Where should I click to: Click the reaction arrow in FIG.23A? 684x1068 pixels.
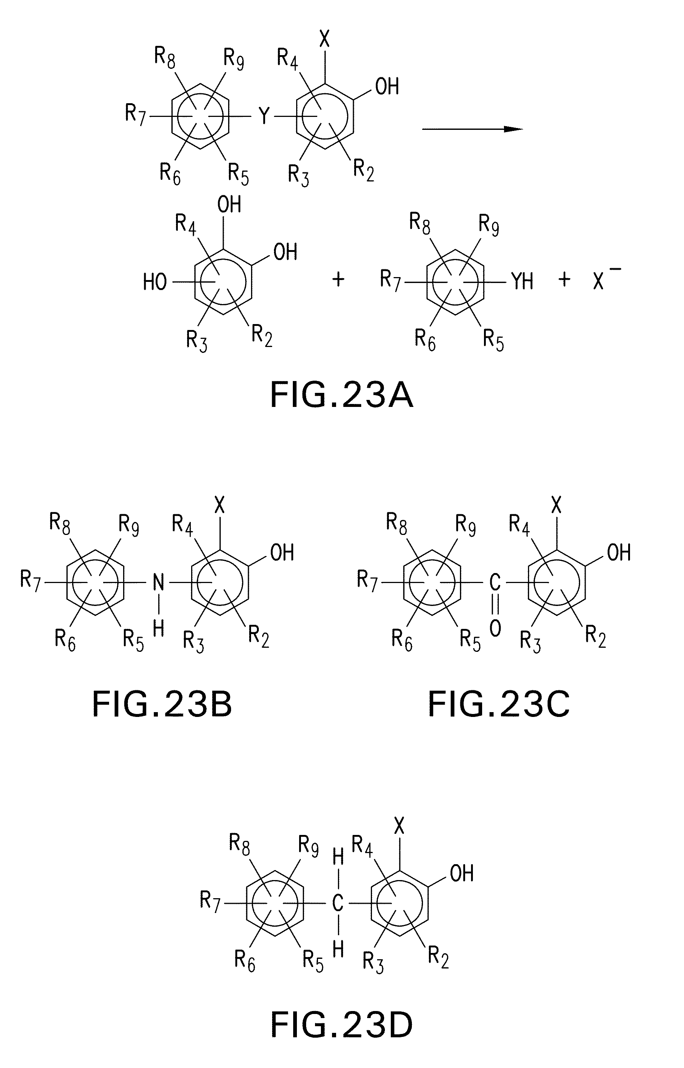472,129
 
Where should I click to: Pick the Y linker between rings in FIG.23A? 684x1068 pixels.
264,117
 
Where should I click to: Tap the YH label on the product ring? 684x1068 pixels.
522,282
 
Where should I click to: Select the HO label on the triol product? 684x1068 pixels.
155,282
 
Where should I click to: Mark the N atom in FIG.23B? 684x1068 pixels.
159,582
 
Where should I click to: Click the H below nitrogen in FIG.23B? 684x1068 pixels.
159,629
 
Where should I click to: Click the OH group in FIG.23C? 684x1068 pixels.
619,553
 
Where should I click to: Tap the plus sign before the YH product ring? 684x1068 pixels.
338,279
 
